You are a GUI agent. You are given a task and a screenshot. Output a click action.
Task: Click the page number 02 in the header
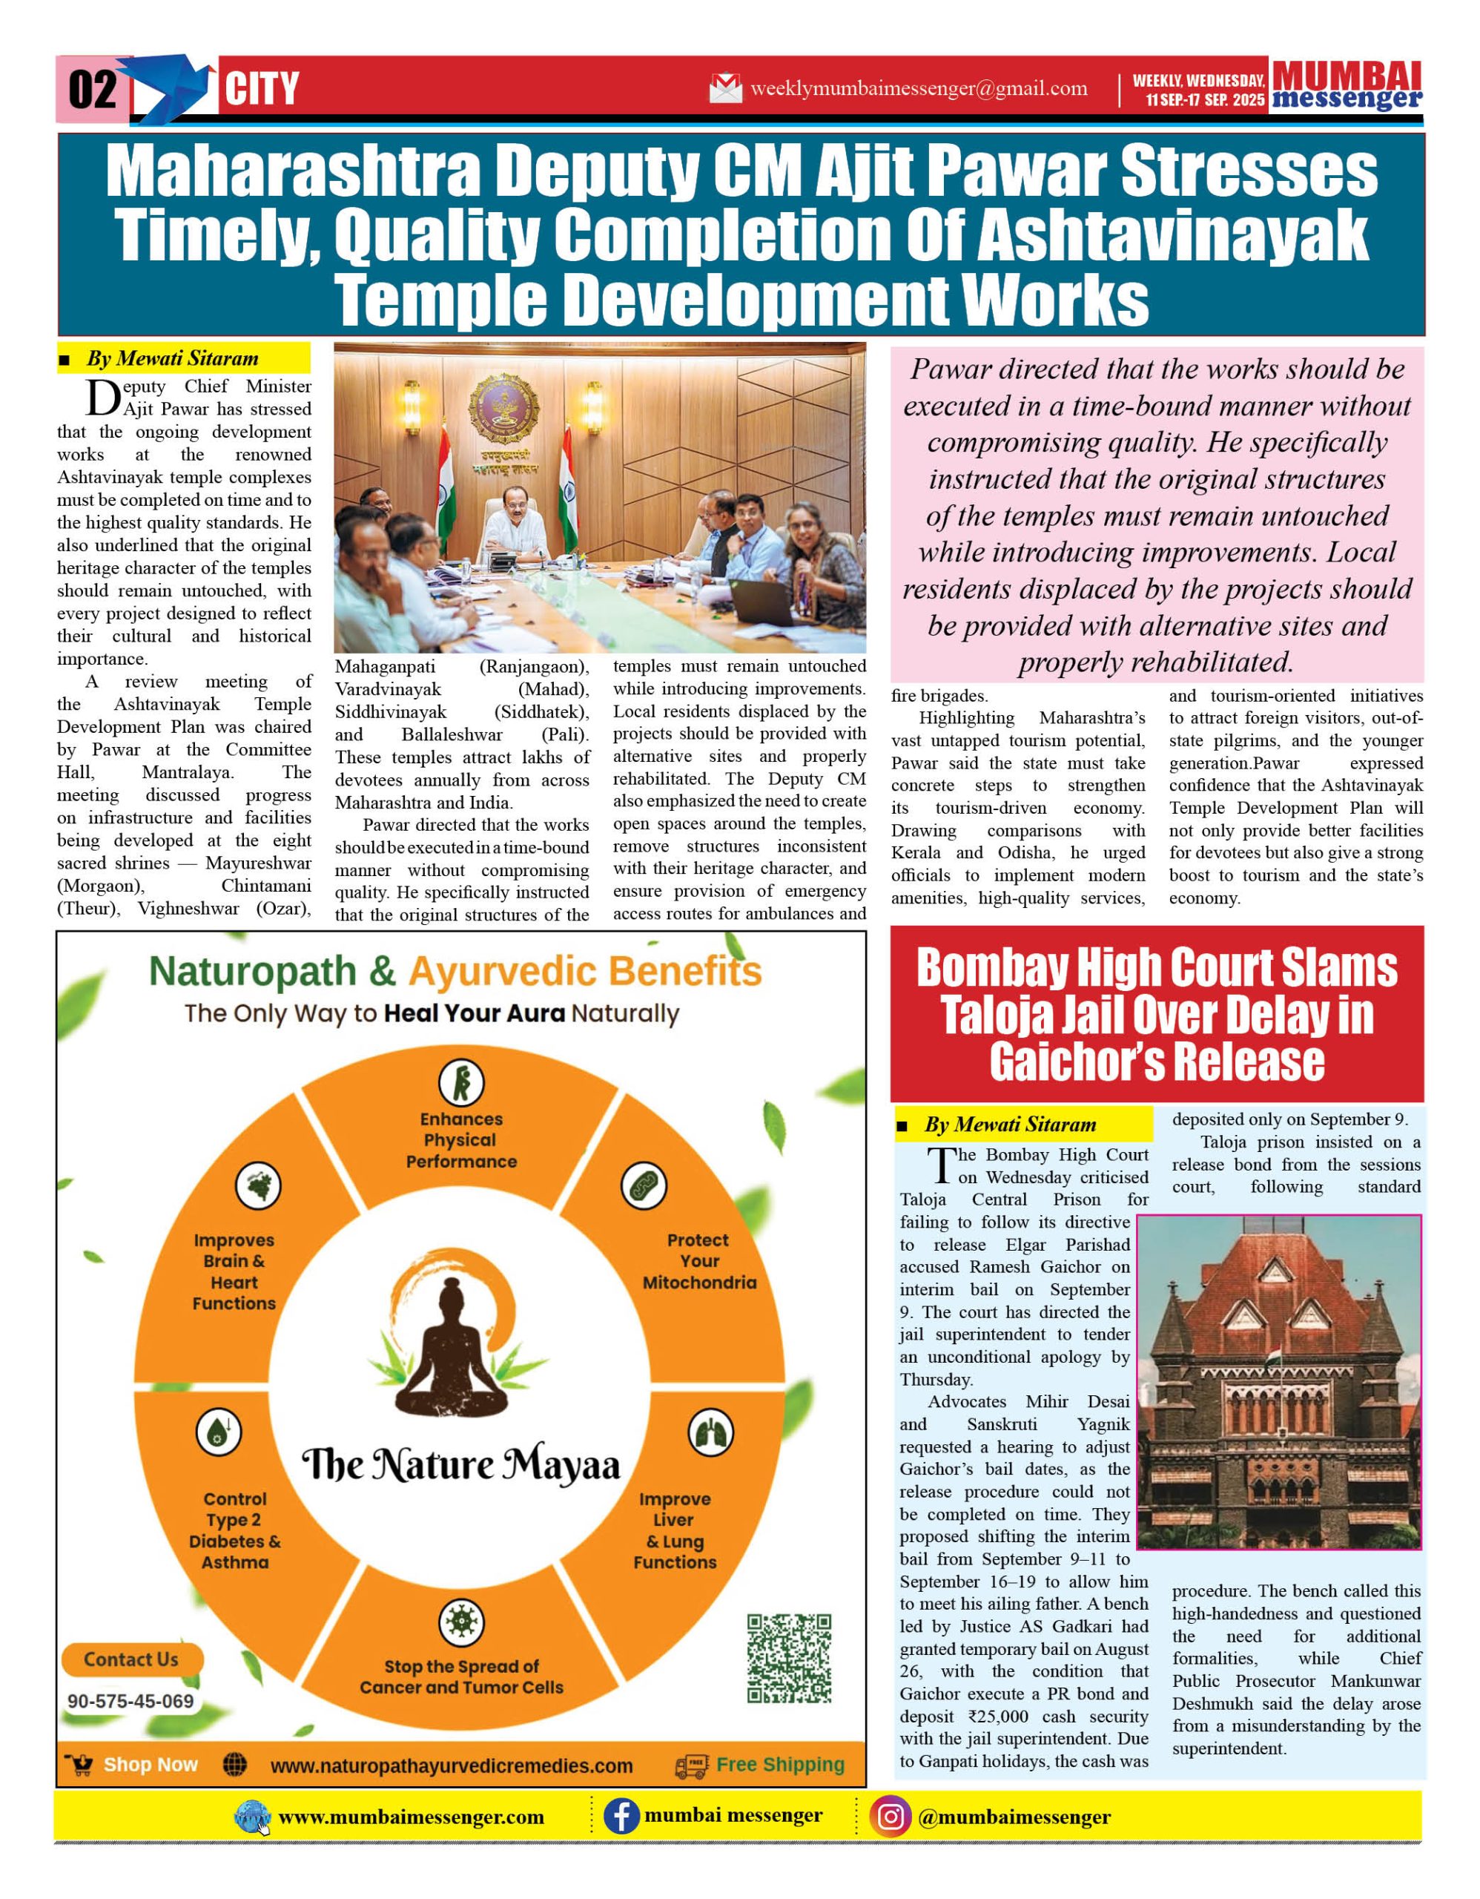click(x=92, y=89)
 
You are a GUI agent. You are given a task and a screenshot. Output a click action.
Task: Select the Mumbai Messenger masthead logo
click(x=1347, y=86)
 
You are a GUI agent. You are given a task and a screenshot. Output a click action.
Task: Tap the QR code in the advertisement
click(x=788, y=1658)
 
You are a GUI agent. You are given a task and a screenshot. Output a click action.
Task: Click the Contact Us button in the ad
click(x=131, y=1659)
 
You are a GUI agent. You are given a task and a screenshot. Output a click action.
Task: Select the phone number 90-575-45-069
click(x=131, y=1702)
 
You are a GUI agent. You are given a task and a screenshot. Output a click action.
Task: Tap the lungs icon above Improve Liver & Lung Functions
click(x=710, y=1432)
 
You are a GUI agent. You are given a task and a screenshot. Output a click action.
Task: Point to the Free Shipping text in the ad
click(x=779, y=1764)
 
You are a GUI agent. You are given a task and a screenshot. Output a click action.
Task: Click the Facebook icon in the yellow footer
click(x=621, y=1817)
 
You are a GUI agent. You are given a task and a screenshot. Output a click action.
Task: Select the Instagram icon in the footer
click(x=890, y=1817)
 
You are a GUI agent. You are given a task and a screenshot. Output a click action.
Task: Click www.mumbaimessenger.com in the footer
click(x=411, y=1817)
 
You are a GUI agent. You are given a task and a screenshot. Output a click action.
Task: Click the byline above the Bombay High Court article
click(x=1010, y=1125)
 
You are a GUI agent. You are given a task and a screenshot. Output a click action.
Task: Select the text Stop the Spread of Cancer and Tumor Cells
click(x=461, y=1676)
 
